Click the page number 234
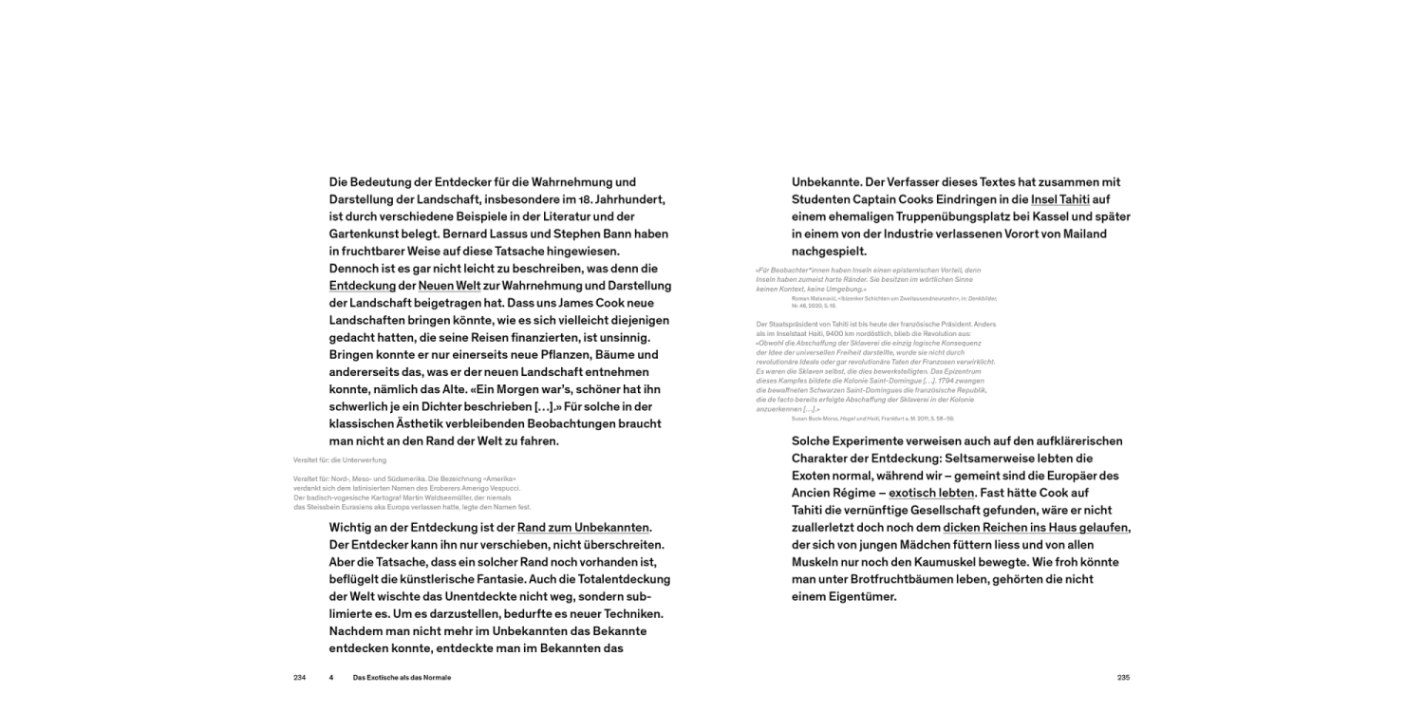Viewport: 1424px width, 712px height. coord(300,678)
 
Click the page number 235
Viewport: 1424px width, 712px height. coord(1123,678)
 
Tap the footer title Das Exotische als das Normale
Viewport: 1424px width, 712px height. coord(402,678)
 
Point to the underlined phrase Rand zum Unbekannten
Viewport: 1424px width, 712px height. coord(584,528)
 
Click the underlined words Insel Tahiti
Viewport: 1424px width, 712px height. coord(1060,199)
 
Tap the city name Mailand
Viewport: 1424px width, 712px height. coord(1105,234)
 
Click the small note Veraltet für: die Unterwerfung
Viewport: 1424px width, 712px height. coord(340,460)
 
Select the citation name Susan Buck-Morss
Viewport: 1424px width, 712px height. coord(816,418)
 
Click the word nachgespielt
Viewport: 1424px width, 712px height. coord(829,252)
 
